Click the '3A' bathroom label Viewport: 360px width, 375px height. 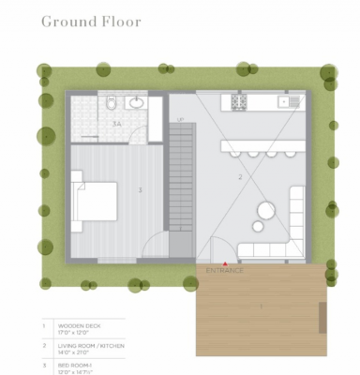(117, 123)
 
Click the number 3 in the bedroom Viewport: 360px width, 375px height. (140, 190)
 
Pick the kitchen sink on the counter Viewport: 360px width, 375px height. (285, 101)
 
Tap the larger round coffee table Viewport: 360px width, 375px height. (265, 210)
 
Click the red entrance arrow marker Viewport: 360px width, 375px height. (224, 264)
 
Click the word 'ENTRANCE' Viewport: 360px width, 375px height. (224, 271)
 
